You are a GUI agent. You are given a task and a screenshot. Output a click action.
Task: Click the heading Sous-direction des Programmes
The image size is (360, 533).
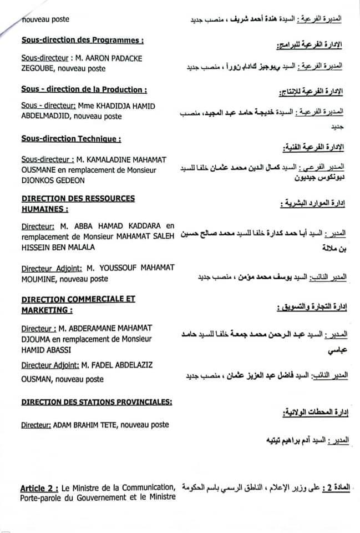pyautogui.click(x=83, y=41)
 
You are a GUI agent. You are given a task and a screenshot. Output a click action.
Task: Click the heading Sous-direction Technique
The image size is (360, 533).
pyautogui.click(x=71, y=138)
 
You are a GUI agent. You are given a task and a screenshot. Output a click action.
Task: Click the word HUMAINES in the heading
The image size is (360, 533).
pyautogui.click(x=43, y=209)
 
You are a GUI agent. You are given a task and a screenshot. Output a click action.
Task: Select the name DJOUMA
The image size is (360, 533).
pyautogui.click(x=38, y=339)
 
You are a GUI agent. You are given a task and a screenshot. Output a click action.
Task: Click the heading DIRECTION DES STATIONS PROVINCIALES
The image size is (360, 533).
pyautogui.click(x=96, y=401)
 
